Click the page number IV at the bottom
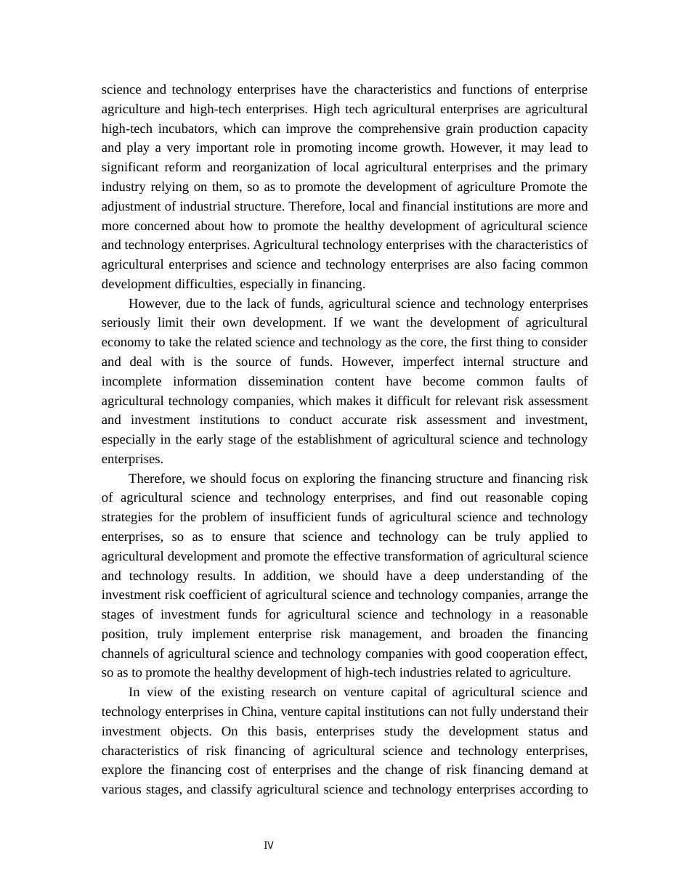tap(269, 846)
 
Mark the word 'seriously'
tap(125, 322)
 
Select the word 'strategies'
tap(127, 518)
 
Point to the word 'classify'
tap(232, 789)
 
